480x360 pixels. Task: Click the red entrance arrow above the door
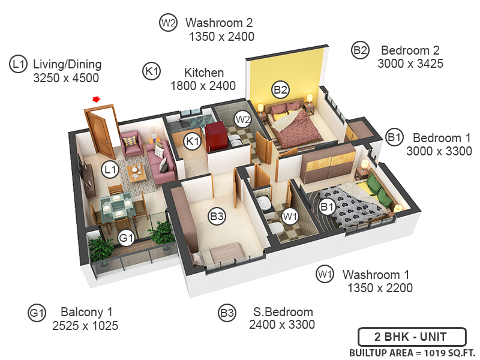tap(95, 99)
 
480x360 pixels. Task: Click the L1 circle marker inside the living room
tap(109, 170)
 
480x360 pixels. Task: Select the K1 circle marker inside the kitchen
tap(192, 142)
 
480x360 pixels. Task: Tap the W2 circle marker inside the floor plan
tap(242, 119)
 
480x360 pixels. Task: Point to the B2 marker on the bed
tap(281, 90)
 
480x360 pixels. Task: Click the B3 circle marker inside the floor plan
tap(217, 216)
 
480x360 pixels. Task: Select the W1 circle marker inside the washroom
tap(290, 215)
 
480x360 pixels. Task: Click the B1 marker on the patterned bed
tap(327, 208)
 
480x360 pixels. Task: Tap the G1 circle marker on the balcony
tap(125, 238)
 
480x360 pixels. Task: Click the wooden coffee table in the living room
tap(136, 172)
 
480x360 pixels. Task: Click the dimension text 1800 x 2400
tap(203, 86)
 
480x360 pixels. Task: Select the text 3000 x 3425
tap(410, 64)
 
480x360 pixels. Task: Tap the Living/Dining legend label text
tap(67, 64)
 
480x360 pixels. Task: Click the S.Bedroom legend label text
tap(283, 312)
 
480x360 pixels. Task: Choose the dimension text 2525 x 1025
tap(86, 326)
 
